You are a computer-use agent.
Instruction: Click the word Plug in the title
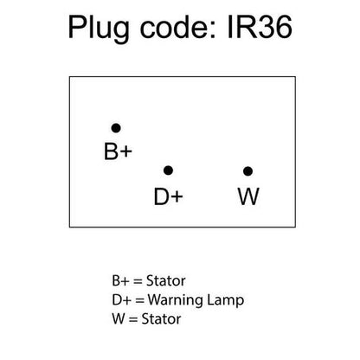pos(99,29)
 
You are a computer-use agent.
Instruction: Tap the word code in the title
pos(174,28)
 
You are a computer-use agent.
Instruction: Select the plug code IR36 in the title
pos(260,28)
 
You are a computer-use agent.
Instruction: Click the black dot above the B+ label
pos(116,128)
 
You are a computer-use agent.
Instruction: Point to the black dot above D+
pos(168,170)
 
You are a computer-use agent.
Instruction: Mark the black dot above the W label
pos(247,171)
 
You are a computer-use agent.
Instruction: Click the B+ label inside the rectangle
pos(118,151)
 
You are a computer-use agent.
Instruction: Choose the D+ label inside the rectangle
pos(169,196)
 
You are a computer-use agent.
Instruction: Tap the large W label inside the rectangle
pos(248,196)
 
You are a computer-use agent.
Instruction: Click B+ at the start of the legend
pos(120,280)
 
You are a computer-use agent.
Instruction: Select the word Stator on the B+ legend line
pos(166,280)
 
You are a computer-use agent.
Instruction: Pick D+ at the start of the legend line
pos(121,299)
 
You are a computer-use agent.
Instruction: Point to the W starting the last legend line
pos(119,318)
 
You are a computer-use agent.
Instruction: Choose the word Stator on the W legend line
pos(161,318)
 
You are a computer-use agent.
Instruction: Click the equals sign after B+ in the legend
pos(138,281)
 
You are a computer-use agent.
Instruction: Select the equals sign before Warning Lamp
pos(139,300)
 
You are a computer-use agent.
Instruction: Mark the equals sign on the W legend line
pos(133,319)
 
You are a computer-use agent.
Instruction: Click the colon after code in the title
pos(214,29)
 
